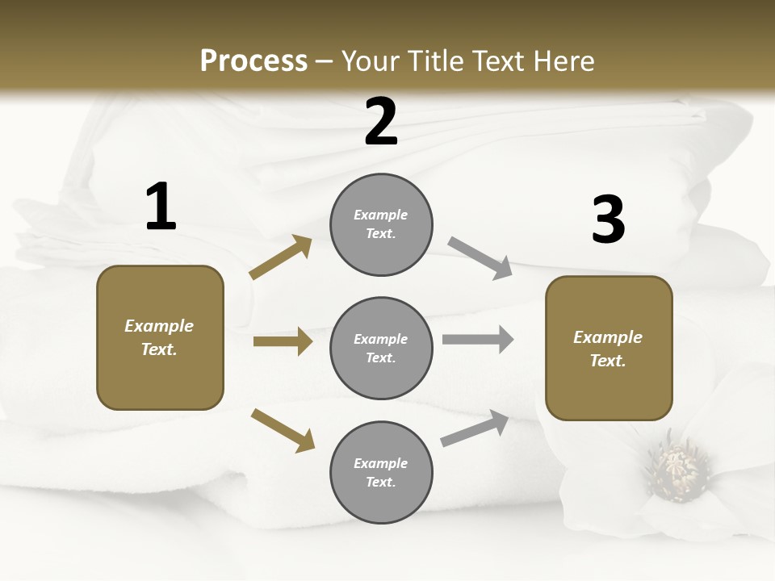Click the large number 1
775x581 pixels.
[161, 207]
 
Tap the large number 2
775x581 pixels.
[381, 123]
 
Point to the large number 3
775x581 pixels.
[608, 220]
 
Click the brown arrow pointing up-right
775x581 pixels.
[281, 257]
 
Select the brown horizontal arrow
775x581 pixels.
[283, 341]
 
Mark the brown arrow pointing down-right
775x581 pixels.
[283, 429]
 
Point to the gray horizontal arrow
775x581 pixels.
[478, 339]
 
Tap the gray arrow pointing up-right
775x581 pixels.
[475, 428]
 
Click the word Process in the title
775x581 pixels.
[253, 61]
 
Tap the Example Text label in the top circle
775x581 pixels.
[381, 224]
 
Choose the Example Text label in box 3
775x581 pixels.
[608, 349]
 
